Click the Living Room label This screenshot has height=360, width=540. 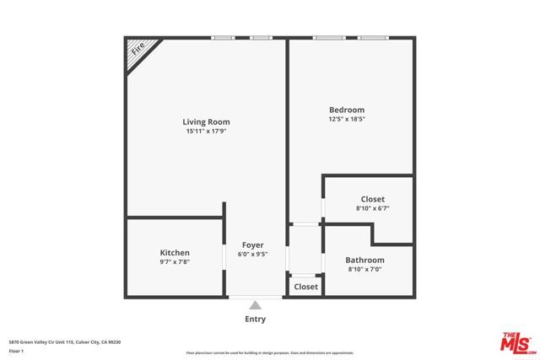(x=207, y=122)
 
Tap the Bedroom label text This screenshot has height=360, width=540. (x=347, y=110)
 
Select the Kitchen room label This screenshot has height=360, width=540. (x=175, y=253)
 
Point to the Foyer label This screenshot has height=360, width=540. (x=254, y=244)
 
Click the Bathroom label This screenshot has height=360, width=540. (x=365, y=261)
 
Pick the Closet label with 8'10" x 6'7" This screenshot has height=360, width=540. (x=372, y=199)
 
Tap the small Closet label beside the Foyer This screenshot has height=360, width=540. (x=305, y=287)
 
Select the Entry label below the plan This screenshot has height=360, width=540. (x=255, y=320)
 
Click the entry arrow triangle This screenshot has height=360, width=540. (x=255, y=305)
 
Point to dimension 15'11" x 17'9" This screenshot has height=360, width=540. (x=207, y=132)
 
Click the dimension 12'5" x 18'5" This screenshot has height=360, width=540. (x=347, y=119)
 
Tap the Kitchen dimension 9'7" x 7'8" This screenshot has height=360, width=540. (x=175, y=262)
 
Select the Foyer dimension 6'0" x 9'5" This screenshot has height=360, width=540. (x=254, y=254)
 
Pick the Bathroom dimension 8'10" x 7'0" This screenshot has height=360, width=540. (x=365, y=270)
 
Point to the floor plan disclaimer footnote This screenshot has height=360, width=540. (x=270, y=352)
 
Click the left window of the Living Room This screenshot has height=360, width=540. (x=223, y=37)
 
